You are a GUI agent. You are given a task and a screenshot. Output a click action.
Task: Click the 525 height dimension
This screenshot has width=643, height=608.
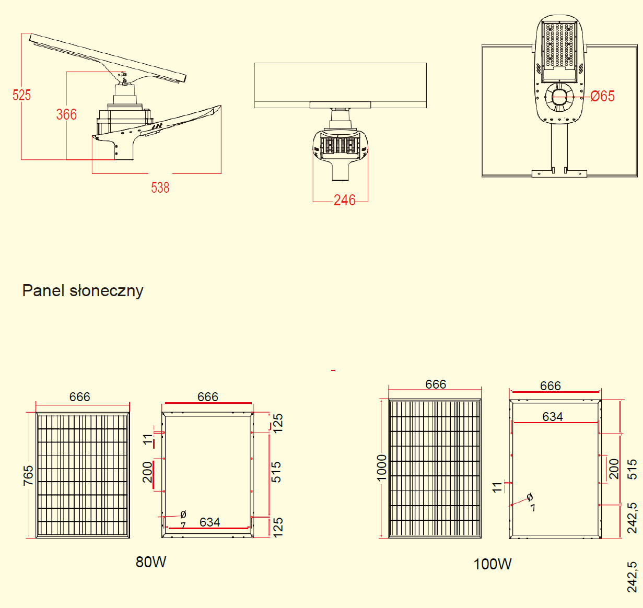point(22,95)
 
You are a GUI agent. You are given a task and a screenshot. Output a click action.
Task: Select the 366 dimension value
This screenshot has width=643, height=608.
point(66,114)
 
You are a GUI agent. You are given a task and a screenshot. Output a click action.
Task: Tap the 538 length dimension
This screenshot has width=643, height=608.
point(160,188)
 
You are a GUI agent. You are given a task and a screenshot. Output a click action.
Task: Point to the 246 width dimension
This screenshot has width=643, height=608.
point(344,200)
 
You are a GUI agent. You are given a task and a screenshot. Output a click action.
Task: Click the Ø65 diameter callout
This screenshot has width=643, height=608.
point(603,96)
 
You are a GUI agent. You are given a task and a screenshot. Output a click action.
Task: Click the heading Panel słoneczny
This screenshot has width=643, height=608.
point(83,291)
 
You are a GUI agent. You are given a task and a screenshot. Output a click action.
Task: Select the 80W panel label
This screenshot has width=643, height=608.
point(151,562)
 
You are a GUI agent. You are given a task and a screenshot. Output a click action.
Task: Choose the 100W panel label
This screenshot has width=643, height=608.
point(492,564)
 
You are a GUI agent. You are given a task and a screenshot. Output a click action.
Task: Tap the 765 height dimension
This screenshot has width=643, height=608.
point(28,475)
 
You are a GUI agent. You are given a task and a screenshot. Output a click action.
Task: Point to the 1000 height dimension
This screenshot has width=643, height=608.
point(382,467)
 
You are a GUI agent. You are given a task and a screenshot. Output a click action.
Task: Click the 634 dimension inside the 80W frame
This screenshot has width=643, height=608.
point(209,522)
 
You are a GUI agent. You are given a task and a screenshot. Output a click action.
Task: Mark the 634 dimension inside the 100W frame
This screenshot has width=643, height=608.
point(552,416)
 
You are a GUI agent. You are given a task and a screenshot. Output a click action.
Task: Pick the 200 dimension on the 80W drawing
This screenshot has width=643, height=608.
point(148,472)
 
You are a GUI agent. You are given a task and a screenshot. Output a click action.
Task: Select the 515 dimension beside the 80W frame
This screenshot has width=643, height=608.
point(276,472)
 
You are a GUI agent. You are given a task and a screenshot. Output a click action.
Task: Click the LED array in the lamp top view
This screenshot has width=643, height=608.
point(559,45)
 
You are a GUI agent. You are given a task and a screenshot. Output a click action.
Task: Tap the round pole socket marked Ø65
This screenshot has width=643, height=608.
point(559,98)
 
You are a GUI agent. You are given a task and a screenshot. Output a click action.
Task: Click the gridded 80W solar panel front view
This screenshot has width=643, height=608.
point(83,475)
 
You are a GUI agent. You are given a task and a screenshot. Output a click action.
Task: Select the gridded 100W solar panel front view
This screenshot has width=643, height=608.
point(435,469)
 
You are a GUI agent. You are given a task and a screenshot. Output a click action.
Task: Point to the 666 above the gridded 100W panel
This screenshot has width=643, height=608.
point(436,384)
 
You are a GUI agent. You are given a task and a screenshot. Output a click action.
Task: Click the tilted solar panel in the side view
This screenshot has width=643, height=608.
point(107,57)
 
